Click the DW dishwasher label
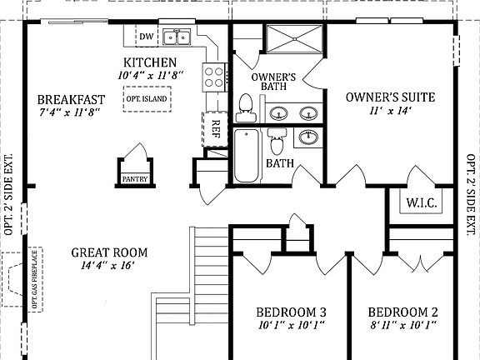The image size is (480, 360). tap(146, 37)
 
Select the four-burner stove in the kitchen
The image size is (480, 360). tap(213, 77)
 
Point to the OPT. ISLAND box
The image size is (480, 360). tap(147, 99)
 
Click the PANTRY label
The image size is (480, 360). tap(133, 178)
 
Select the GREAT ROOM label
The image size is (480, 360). tap(109, 252)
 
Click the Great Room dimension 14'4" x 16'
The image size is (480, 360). tap(109, 267)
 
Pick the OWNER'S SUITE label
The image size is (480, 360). tap(390, 97)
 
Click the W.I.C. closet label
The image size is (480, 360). tap(422, 202)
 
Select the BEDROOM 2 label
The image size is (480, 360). tap(403, 312)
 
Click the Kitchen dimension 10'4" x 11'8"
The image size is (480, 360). tap(150, 76)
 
